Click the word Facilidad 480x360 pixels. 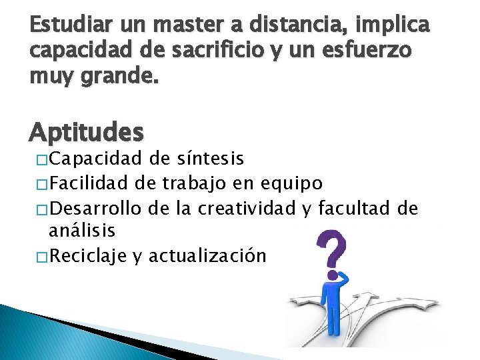[x=90, y=183]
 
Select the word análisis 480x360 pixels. [x=83, y=231]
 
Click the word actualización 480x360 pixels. [x=209, y=255]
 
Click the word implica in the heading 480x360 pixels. [x=398, y=27]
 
